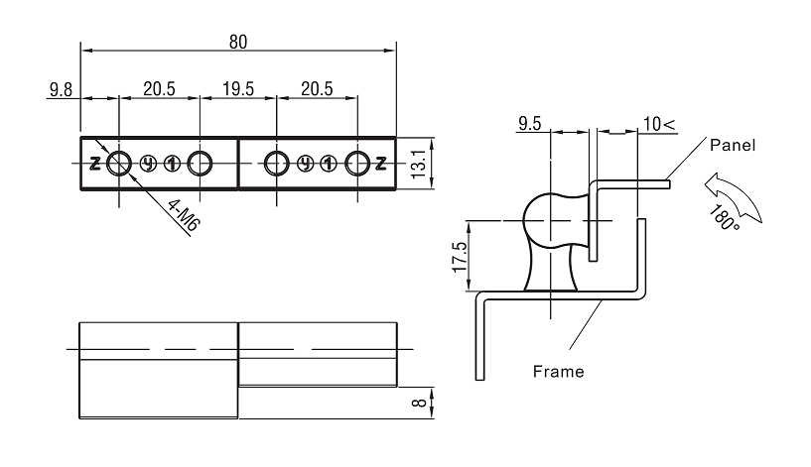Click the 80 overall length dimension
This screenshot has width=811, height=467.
coord(238,42)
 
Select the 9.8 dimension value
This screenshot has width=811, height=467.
coord(61,90)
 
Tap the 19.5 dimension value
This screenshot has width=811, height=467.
coord(238,89)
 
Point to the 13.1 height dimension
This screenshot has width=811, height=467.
coord(419,164)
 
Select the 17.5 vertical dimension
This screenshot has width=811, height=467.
coord(460,257)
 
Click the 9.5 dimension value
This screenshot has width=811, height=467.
coord(529,124)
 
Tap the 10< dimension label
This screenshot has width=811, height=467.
coord(659,124)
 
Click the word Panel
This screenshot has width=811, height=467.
coord(733,145)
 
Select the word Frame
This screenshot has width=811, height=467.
coord(558,372)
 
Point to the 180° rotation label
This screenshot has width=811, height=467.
coord(724,217)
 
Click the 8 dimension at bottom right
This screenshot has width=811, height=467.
coord(419,402)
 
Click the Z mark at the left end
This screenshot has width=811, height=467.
coord(95,164)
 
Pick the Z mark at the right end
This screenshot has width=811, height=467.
coord(380,164)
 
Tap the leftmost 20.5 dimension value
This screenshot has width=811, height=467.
coord(159,89)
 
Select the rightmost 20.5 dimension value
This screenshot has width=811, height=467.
coord(317,89)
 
